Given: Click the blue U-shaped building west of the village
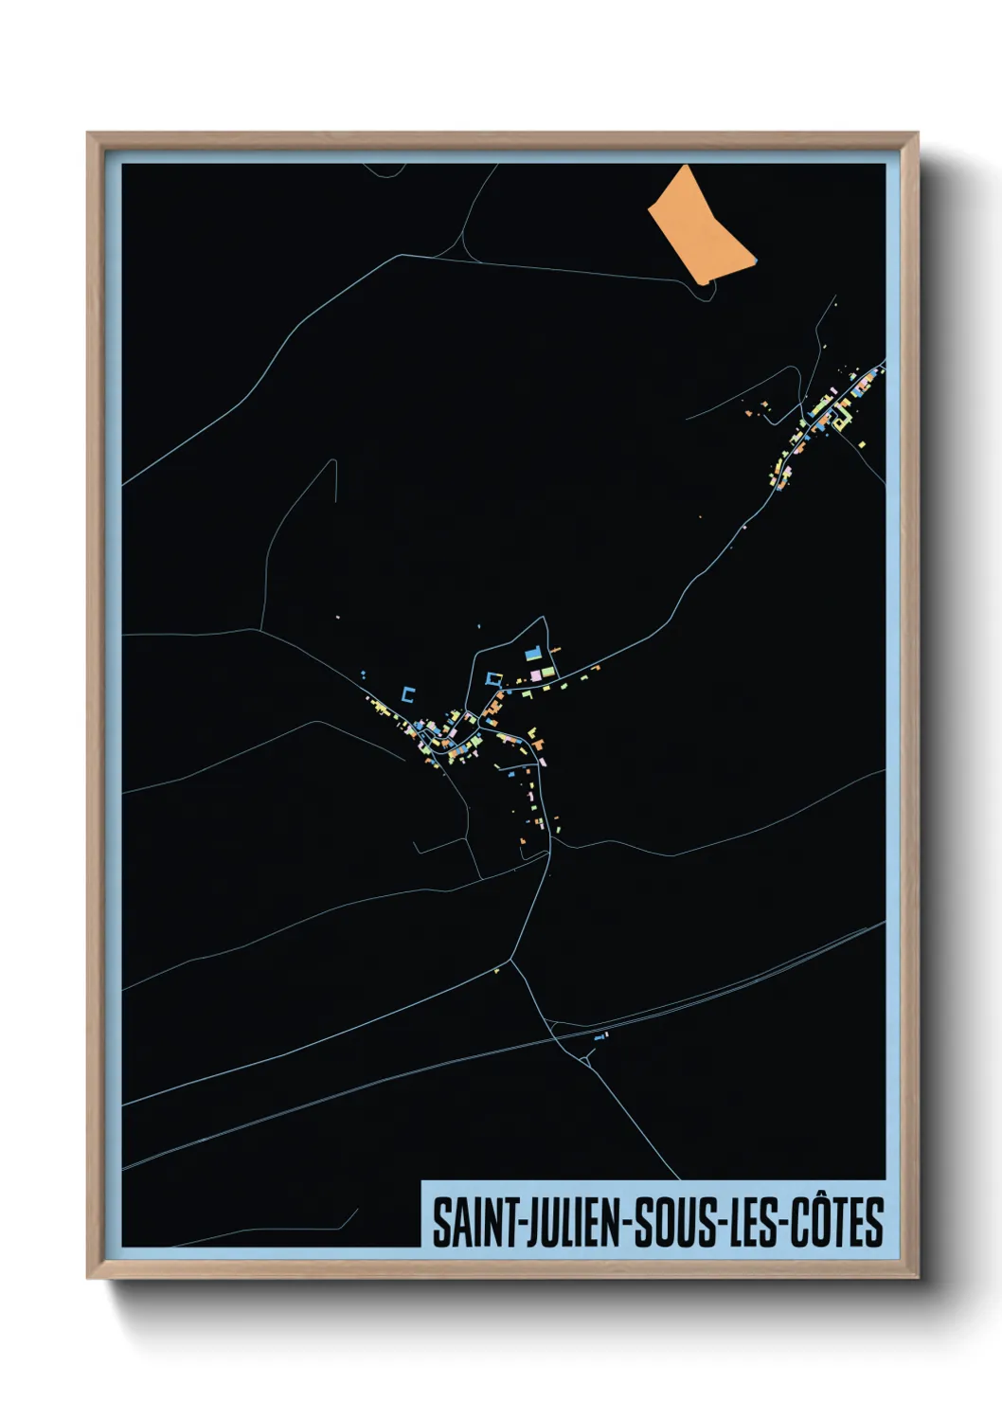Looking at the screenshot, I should pos(408,693).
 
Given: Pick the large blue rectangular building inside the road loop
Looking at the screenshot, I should pos(531,654).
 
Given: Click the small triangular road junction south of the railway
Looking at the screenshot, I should pos(588,1060).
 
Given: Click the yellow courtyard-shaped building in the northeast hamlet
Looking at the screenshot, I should pos(838,418).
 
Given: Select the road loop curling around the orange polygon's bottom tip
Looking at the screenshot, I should pos(706,288).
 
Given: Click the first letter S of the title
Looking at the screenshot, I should pos(441,1223).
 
